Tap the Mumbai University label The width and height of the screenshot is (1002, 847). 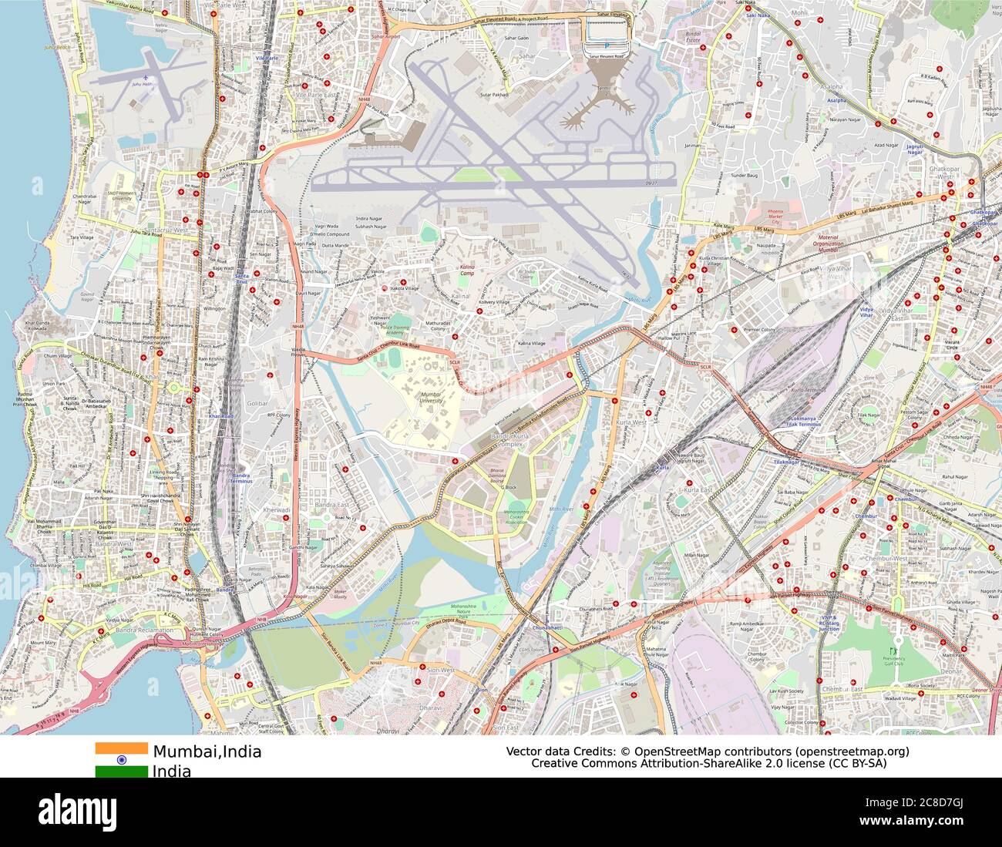tap(431, 397)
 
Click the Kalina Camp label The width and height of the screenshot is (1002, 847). tap(468, 271)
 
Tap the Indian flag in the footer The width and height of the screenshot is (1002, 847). tap(121, 759)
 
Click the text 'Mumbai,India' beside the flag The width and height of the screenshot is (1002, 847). tap(207, 751)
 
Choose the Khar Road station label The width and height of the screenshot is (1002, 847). tap(220, 416)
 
